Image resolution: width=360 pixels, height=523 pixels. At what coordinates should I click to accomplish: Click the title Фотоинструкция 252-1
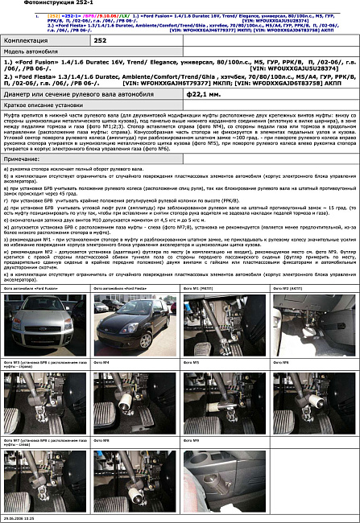point(31,3)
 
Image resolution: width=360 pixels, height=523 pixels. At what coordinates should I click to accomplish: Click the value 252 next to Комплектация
point(100,39)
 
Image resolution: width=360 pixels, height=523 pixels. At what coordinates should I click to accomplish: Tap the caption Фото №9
point(191,440)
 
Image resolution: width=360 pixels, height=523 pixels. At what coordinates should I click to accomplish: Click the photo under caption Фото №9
point(225,476)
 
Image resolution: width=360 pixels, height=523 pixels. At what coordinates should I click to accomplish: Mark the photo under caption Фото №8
point(134,476)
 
